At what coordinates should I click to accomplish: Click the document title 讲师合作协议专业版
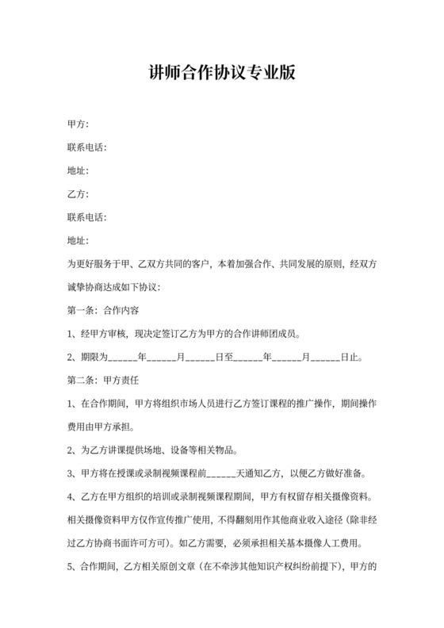pyautogui.click(x=222, y=74)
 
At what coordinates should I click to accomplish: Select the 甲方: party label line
pyautogui.click(x=78, y=124)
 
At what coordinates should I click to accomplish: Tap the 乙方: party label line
pyautogui.click(x=78, y=193)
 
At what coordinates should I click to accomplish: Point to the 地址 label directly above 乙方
pyautogui.click(x=78, y=170)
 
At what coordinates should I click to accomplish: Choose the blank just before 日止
pyautogui.click(x=326, y=357)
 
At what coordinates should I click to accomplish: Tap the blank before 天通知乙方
pyautogui.click(x=222, y=473)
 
